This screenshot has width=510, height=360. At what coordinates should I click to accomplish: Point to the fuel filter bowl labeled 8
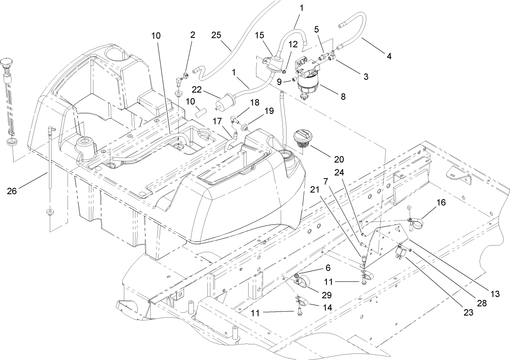click(x=309, y=87)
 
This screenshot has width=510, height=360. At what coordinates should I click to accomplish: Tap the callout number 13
click(x=495, y=294)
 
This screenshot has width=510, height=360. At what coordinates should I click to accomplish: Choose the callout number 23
click(x=468, y=312)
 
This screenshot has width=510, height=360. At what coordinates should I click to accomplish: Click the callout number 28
click(x=481, y=304)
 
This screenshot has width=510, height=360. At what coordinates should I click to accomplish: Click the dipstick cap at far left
click(x=5, y=63)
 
